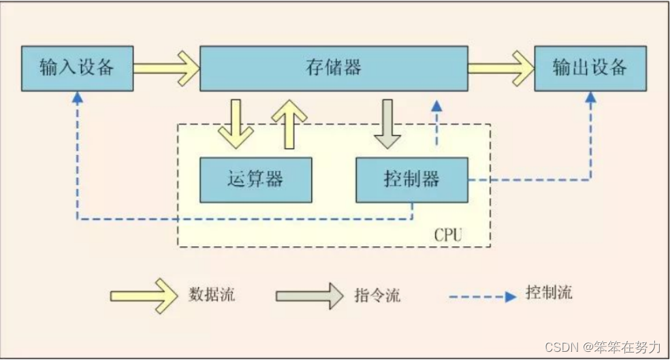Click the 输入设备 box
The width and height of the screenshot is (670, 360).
tap(76, 68)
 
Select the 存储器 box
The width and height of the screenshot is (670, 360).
tap(333, 68)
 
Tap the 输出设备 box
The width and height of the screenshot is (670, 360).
tap(589, 68)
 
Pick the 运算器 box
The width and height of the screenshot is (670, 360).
tap(255, 180)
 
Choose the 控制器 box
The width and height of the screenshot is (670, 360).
tap(411, 180)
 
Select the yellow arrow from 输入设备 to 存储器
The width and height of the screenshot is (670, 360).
tap(165, 67)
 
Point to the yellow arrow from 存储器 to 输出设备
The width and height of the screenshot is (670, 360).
tap(500, 67)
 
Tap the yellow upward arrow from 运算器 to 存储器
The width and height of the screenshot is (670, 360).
tap(289, 122)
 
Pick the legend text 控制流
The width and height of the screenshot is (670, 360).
tap(549, 293)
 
